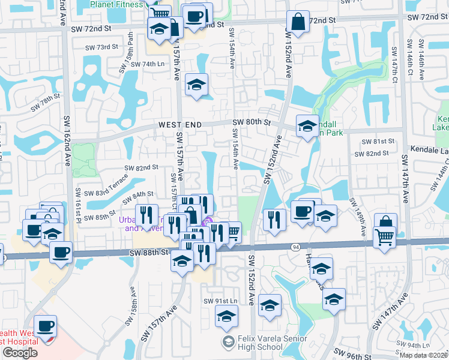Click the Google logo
(20, 353)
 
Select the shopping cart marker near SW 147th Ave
(384, 237)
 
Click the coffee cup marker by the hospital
(45, 326)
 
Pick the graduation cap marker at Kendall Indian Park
(307, 127)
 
